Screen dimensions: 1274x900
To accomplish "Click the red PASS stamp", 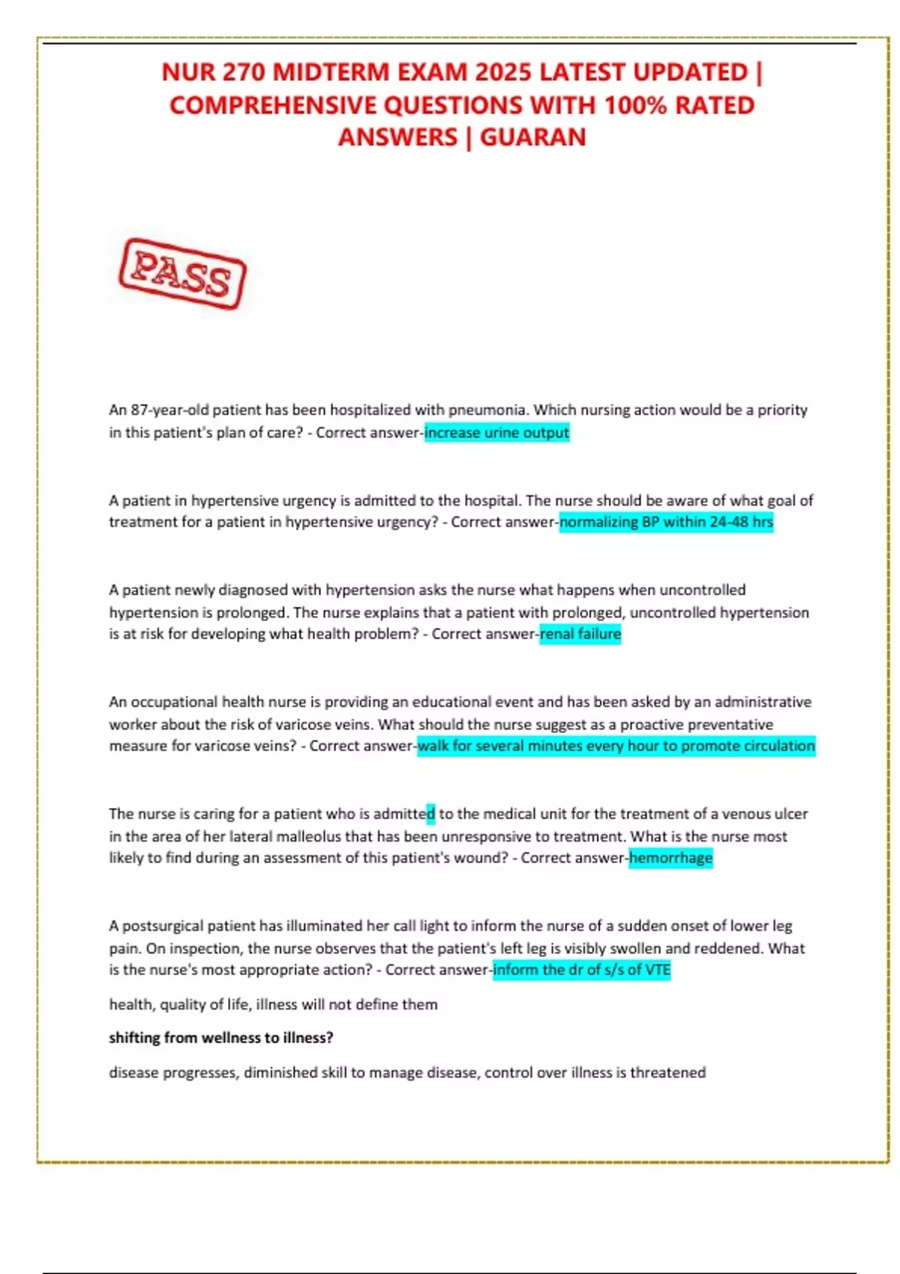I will (182, 274).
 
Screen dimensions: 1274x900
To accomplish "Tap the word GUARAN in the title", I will (532, 137).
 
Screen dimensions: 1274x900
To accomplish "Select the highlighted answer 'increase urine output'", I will (496, 432).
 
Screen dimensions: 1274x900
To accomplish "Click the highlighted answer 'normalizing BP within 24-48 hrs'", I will (666, 522).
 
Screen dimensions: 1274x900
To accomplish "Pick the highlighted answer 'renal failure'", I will (580, 634).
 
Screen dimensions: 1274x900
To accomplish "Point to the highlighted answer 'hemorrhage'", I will (670, 857).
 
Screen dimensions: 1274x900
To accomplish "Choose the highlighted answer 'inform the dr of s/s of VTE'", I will (581, 970).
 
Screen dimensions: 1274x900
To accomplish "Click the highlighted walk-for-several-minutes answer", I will (616, 746).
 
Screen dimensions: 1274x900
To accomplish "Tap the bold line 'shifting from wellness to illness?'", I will (221, 1038).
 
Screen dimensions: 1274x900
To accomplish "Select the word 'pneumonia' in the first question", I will (487, 410).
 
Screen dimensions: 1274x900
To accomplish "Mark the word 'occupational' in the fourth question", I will (175, 702).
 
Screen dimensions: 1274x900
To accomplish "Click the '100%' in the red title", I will (635, 105).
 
